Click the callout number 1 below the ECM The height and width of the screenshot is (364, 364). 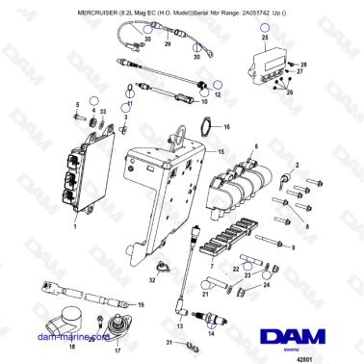75,228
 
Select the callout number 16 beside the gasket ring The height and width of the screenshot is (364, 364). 226,126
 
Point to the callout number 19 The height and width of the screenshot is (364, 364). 141,304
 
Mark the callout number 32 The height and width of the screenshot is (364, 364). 151,282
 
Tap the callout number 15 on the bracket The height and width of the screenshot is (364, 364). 220,152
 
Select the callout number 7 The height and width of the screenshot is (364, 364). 210,248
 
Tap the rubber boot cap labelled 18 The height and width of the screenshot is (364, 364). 68,320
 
